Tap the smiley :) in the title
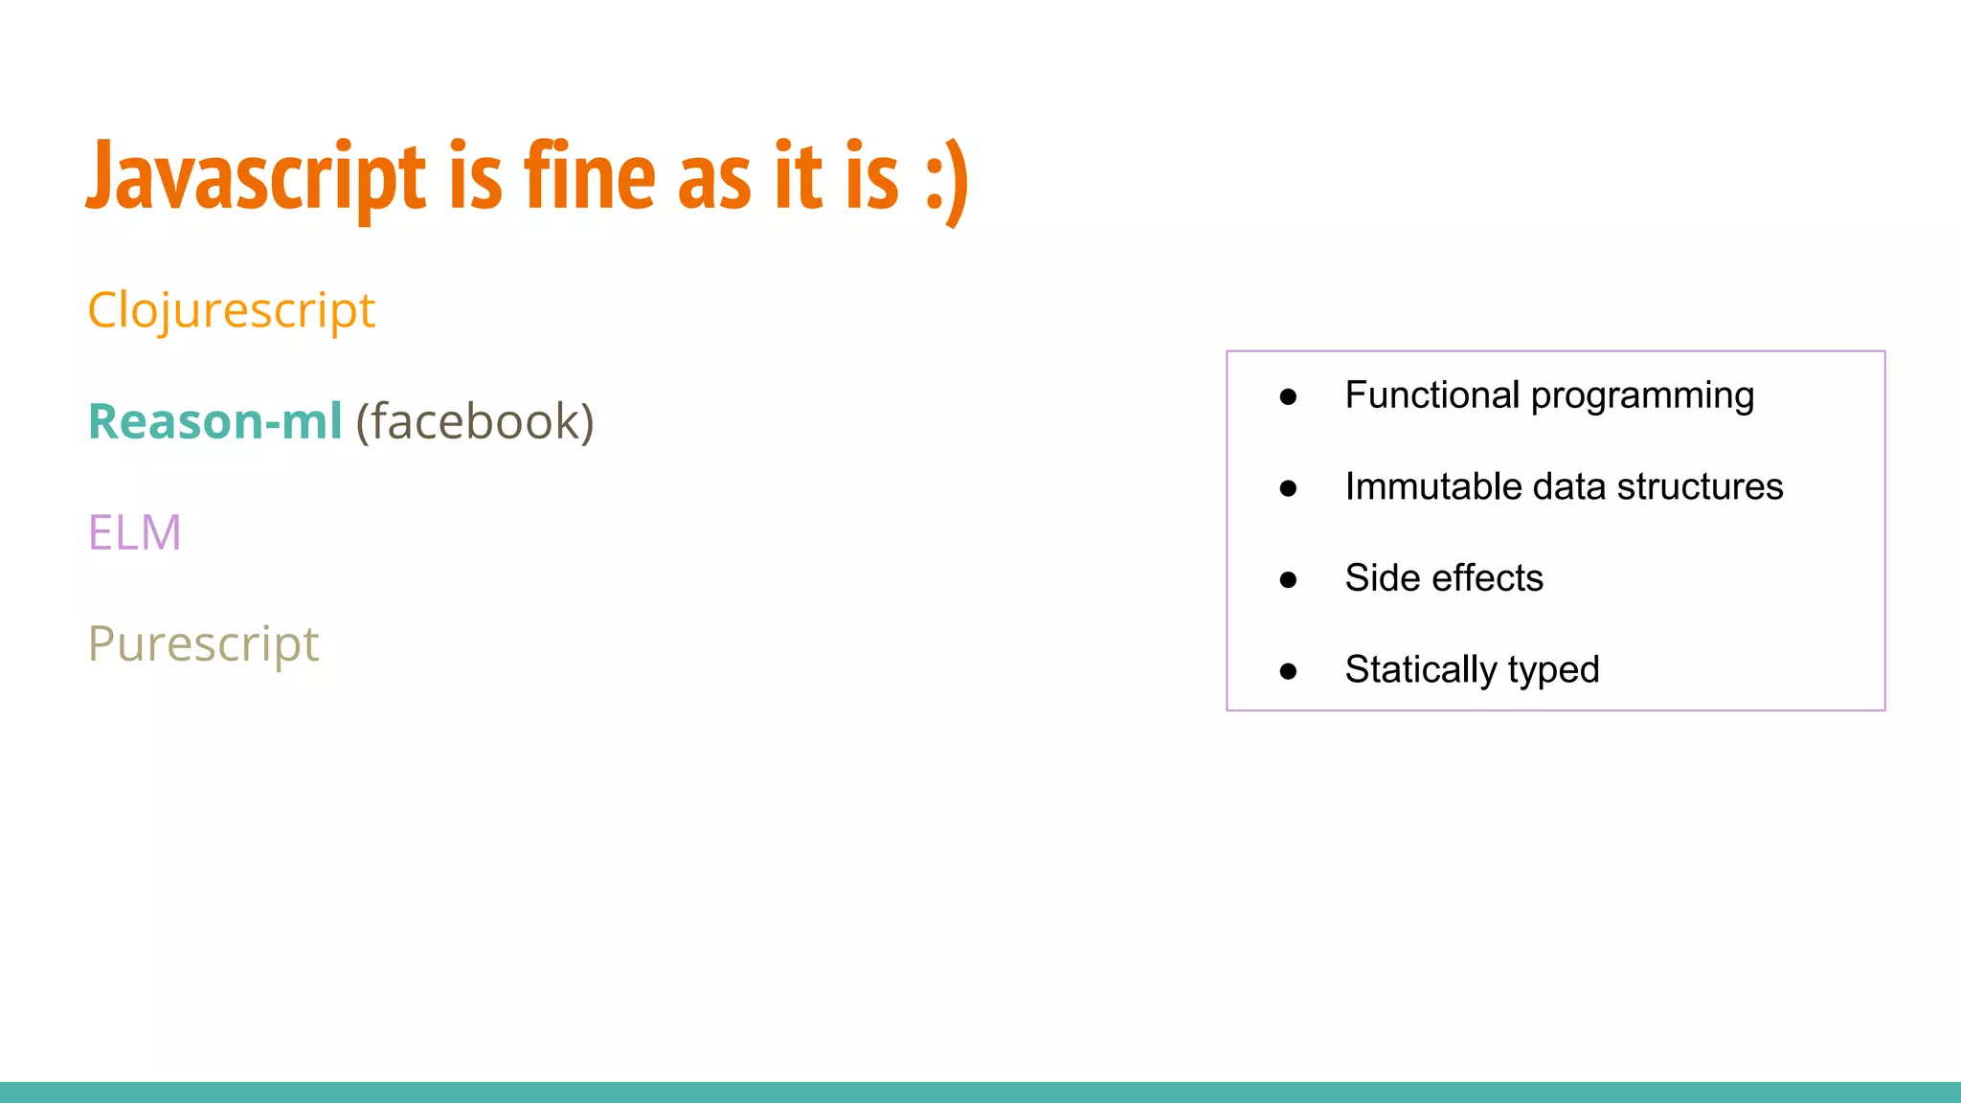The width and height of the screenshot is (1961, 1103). pyautogui.click(x=947, y=180)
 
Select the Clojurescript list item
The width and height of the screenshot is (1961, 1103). pyautogui.click(x=231, y=311)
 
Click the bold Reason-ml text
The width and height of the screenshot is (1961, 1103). pyautogui.click(x=214, y=421)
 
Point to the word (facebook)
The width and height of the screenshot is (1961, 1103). pyautogui.click(x=475, y=422)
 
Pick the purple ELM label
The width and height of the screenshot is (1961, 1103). pyautogui.click(x=134, y=532)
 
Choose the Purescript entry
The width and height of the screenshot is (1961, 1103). pyautogui.click(x=203, y=644)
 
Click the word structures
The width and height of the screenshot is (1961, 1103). pyautogui.click(x=1700, y=486)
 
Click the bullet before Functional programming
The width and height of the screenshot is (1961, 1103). pyautogui.click(x=1288, y=396)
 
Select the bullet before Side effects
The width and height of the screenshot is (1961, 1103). pyautogui.click(x=1288, y=579)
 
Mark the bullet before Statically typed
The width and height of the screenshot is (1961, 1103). pyautogui.click(x=1288, y=671)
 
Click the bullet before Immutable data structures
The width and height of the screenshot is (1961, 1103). pyautogui.click(x=1288, y=488)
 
